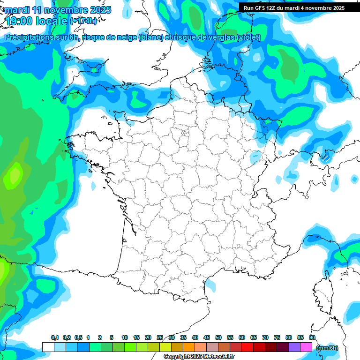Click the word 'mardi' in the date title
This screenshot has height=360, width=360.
pyautogui.click(x=18, y=10)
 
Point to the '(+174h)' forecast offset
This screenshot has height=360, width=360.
pyautogui.click(x=83, y=21)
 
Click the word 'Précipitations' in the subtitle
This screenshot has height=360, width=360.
pyautogui.click(x=31, y=37)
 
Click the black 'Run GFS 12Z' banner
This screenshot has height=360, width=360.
pyautogui.click(x=294, y=7)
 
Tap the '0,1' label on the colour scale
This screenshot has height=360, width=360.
pyautogui.click(x=54, y=337)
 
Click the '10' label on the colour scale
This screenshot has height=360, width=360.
pyautogui.click(x=125, y=337)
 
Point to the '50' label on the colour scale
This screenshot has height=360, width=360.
pyautogui.click(x=218, y=337)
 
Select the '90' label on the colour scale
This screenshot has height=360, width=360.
pyautogui.click(x=312, y=337)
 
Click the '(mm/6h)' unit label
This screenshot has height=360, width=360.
pyautogui.click(x=327, y=347)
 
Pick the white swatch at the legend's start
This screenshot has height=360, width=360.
pyautogui.click(x=48, y=347)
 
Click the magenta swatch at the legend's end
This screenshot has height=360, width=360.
pyautogui.click(x=306, y=347)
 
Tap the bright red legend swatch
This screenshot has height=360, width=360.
pyautogui.click(x=247, y=347)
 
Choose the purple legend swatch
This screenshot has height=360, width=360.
pyautogui.click(x=294, y=347)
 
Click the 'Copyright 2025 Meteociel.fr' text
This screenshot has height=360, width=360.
pyautogui.click(x=199, y=356)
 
